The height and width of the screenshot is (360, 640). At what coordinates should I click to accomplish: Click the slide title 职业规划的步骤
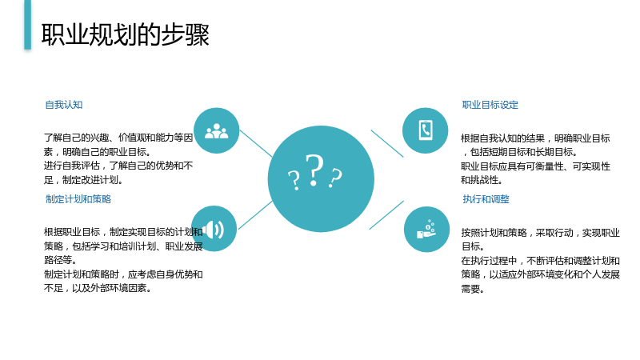[x=126, y=34]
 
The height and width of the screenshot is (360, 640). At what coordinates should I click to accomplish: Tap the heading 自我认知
[x=64, y=105]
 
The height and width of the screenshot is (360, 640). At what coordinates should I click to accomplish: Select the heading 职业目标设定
[x=490, y=105]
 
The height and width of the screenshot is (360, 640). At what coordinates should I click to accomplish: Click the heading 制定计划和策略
[x=78, y=199]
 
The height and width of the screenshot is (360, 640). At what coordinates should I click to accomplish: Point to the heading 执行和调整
[x=486, y=199]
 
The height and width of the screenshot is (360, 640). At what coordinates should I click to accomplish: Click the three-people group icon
[x=216, y=131]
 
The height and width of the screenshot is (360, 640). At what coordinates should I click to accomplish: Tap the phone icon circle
[x=426, y=130]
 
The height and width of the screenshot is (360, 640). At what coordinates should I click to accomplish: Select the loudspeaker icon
[x=214, y=230]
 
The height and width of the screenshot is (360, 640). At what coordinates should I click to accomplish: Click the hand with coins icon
[x=426, y=229]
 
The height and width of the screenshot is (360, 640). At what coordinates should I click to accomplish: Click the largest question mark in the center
[x=314, y=170]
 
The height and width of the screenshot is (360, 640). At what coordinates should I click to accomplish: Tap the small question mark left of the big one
[x=294, y=181]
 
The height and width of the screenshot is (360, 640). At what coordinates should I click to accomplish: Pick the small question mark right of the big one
[x=335, y=178]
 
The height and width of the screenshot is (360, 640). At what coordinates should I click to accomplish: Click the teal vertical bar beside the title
[x=27, y=25]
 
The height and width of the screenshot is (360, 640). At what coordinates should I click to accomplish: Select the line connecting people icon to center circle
[x=256, y=144]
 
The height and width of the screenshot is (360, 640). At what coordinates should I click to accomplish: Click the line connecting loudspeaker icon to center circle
[x=255, y=215]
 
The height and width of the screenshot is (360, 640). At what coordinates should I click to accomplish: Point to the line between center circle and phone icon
[x=387, y=144]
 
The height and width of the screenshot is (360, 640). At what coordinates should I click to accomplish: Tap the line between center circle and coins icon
[x=386, y=215]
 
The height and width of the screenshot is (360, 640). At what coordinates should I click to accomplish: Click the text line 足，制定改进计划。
[x=84, y=180]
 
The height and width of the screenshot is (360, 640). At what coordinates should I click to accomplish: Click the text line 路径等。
[x=61, y=260]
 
